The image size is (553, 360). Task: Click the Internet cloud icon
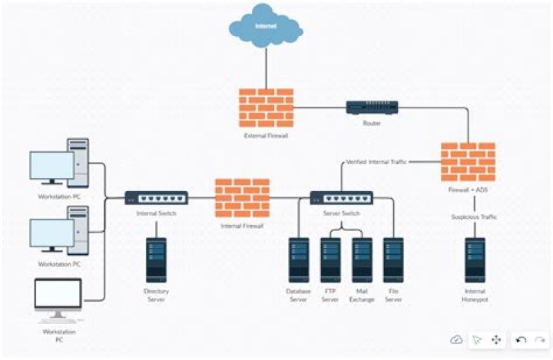point(265,28)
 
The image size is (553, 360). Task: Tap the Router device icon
point(372,108)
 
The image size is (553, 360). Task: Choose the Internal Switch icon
point(156,198)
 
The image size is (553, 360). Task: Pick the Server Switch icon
point(342,198)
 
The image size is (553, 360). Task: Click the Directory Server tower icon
point(156,259)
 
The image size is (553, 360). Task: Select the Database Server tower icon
point(299,259)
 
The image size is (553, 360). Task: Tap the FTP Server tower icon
point(330,259)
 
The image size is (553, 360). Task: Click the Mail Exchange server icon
point(362,259)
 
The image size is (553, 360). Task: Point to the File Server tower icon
point(393,259)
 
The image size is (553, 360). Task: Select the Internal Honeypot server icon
point(474,259)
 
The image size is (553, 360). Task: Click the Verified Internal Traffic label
point(376,162)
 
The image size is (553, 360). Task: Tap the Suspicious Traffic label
point(474,217)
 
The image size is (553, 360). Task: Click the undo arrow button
point(522,339)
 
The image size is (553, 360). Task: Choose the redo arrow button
point(540,339)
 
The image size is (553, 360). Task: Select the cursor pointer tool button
point(476,339)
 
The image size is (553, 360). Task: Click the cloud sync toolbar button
point(456,339)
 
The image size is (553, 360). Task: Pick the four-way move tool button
point(496,339)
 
